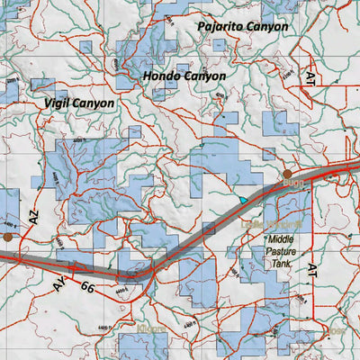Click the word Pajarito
pyautogui.click(x=220, y=27)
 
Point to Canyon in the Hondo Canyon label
pyautogui.click(x=205, y=76)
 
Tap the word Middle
pyautogui.click(x=283, y=240)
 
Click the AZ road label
pyautogui.click(x=34, y=217)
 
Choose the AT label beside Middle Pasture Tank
pyautogui.click(x=312, y=270)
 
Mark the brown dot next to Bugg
pyautogui.click(x=287, y=174)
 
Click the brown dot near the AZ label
pyautogui.click(x=7, y=237)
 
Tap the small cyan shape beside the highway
pyautogui.click(x=242, y=198)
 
